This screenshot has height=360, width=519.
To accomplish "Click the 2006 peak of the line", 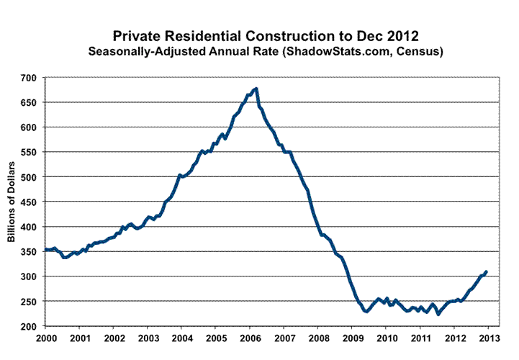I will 257,89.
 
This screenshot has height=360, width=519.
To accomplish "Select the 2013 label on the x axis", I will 489,338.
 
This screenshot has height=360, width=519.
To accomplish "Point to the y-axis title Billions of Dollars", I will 13,202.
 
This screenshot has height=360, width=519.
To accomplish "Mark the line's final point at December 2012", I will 487,272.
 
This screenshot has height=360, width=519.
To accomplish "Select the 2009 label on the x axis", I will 352,338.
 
